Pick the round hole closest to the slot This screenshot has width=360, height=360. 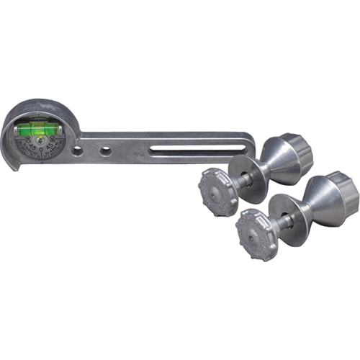[x=106, y=151]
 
